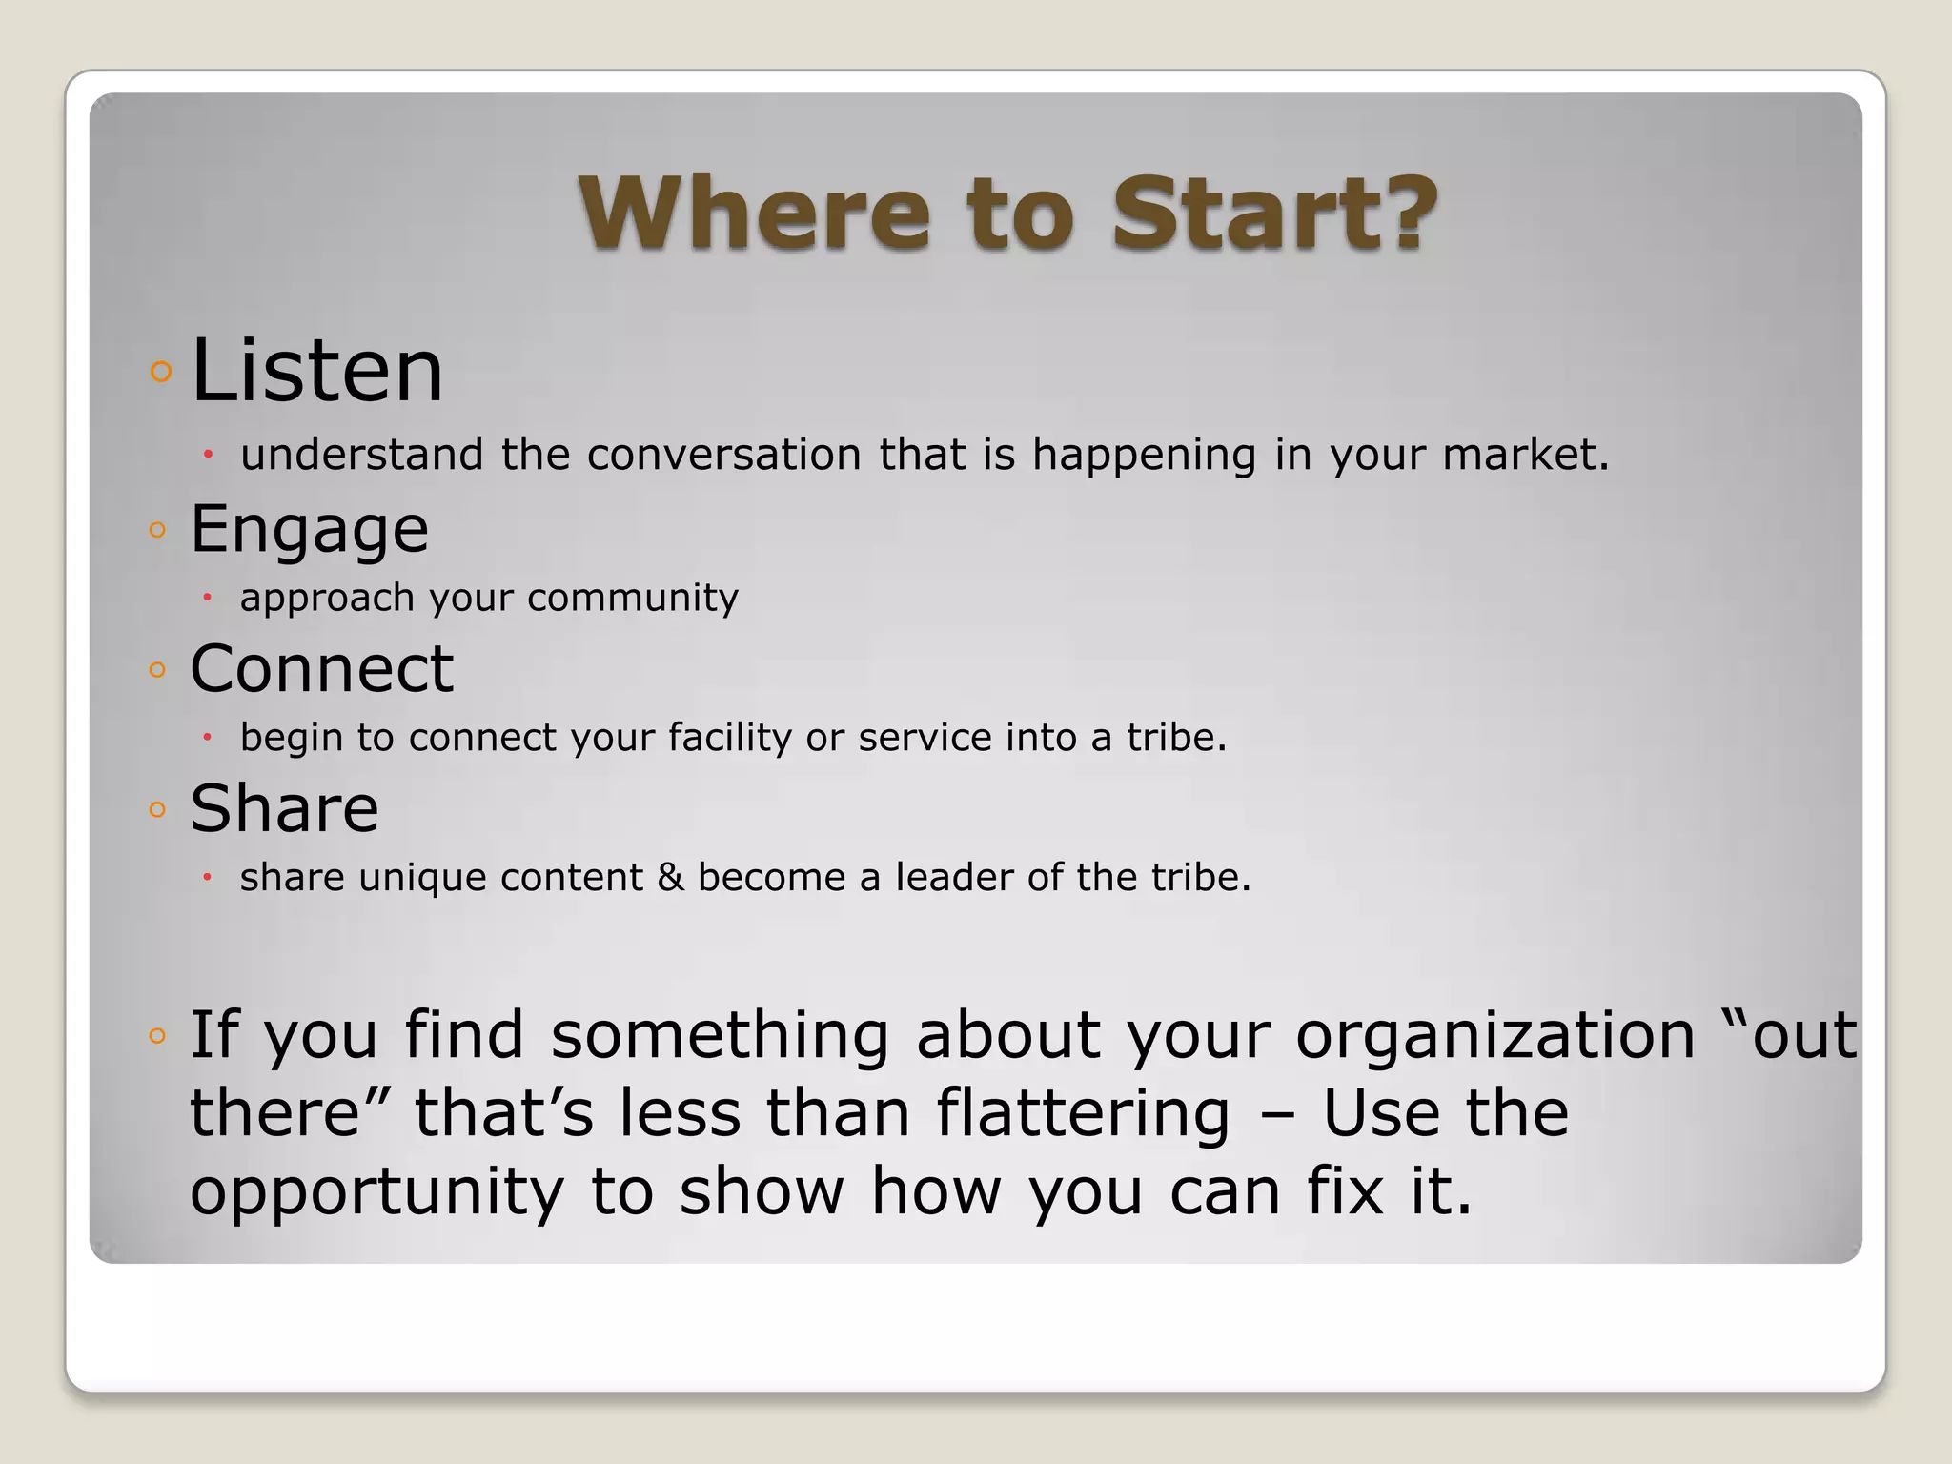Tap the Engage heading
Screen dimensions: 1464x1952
pos(309,529)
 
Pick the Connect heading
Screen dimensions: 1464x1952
pos(321,668)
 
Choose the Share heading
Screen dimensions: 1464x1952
pos(284,808)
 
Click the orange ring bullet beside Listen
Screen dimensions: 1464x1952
pos(161,371)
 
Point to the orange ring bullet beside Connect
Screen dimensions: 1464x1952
pos(158,669)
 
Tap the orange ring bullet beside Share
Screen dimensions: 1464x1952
pos(158,810)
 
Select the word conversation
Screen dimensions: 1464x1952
pos(724,454)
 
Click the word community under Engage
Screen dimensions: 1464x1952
pos(632,598)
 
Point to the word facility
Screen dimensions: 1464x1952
pos(729,738)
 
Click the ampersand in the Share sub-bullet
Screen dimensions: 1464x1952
pos(670,877)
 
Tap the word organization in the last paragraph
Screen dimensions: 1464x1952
pos(1495,1035)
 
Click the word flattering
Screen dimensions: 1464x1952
pos(1083,1113)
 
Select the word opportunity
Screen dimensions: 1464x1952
pos(377,1192)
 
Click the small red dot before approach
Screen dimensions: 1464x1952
pos(207,598)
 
